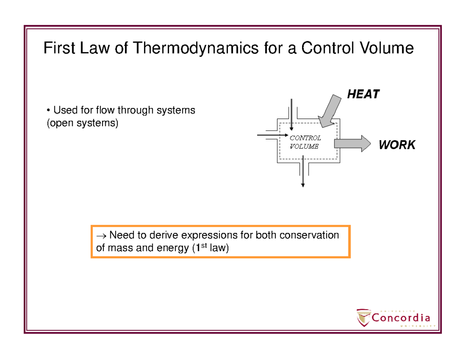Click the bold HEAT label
[363, 94]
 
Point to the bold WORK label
[397, 145]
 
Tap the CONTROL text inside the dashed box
[306, 138]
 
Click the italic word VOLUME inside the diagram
[304, 146]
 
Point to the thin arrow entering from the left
[272, 135]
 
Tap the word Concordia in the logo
[401, 318]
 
